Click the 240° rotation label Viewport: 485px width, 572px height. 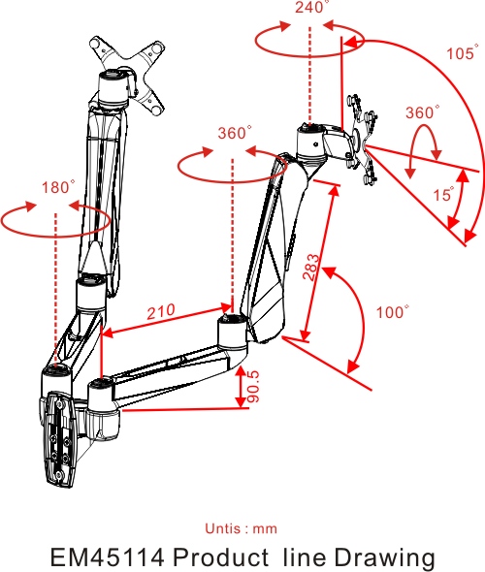point(311,7)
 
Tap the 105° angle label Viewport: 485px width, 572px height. point(463,53)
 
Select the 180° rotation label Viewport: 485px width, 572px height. point(58,187)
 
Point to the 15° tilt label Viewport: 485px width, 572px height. point(444,194)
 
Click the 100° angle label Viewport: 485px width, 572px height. point(393,312)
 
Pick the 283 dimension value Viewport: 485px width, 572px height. point(311,268)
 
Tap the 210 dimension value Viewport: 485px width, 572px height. point(161,311)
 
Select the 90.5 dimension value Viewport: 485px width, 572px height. point(253,387)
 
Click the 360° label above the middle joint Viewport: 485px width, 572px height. point(235,133)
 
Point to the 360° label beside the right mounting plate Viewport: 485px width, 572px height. point(423,112)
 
